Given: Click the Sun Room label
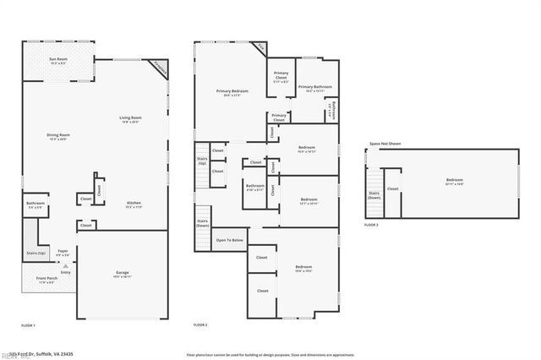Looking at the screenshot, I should [58, 60].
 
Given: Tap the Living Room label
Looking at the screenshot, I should [129, 119].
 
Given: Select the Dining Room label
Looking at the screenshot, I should [58, 136].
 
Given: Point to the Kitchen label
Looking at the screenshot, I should [134, 204].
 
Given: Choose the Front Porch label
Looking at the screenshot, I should [46, 280].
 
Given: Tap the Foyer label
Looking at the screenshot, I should [63, 252].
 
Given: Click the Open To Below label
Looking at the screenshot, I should [230, 240].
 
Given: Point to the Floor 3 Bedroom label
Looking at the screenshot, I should [455, 181].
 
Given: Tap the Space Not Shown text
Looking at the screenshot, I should [385, 144].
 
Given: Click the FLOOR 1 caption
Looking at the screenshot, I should [29, 325].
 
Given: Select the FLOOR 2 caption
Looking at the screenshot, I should [200, 325].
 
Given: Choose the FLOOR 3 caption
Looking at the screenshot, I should [371, 225].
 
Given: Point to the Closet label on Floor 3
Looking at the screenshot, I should [393, 188].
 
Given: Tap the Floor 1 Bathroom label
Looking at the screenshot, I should [35, 204].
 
